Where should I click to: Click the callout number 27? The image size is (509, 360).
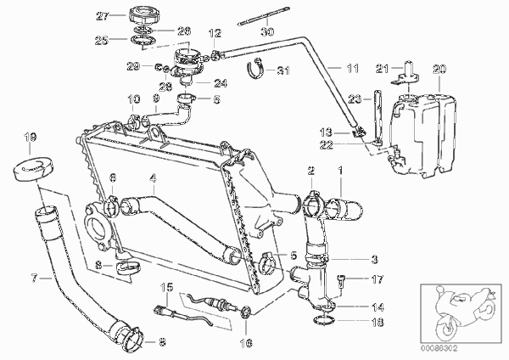point(103,16)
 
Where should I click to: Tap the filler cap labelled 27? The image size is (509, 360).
point(144,14)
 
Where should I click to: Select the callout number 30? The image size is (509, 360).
point(267,31)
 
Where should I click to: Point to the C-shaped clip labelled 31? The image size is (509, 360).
point(255,68)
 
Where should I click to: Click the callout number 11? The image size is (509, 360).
point(353,68)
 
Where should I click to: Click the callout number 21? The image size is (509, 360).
point(382,69)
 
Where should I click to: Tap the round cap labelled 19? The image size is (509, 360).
point(33,167)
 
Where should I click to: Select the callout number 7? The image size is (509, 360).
point(35,278)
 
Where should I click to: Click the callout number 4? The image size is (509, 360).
point(153,177)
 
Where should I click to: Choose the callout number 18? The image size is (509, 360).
point(378,322)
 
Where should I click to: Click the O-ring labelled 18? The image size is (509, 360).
point(324,320)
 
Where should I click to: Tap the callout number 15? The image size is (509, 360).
point(167,287)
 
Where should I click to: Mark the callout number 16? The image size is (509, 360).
point(246,343)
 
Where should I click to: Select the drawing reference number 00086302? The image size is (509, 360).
point(439,349)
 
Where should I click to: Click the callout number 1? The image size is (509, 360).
point(340,170)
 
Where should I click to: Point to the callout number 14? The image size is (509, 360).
point(378,307)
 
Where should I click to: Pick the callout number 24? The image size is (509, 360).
point(221,83)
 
